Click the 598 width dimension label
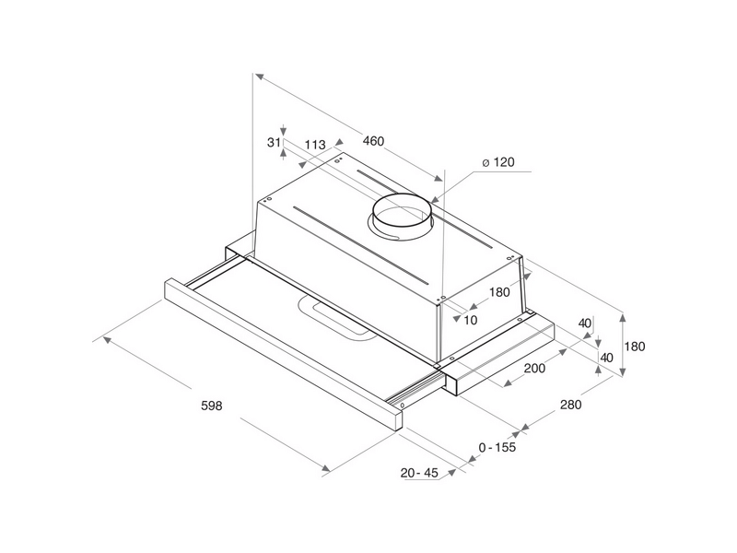click(212, 406)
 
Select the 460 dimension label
click(374, 141)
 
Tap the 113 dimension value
click(315, 145)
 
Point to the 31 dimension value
click(274, 142)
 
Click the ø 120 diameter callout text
click(498, 162)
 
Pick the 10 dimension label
click(471, 320)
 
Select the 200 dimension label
click(534, 368)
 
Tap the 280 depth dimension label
click(570, 405)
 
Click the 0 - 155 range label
click(497, 447)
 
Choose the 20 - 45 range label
click(419, 473)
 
